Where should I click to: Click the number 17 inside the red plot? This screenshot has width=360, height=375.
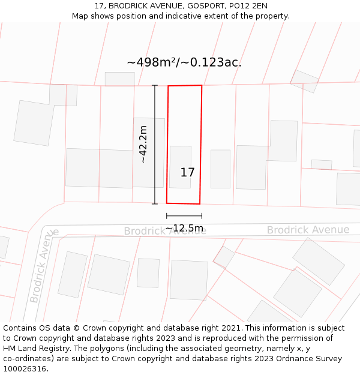coord(187,173)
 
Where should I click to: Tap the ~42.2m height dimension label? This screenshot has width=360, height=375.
coord(143,144)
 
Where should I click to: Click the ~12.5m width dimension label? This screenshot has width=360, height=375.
coord(184,228)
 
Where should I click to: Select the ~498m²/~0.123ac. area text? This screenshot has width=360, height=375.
coord(184,62)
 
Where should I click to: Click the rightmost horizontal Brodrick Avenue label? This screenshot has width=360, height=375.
coord(308,230)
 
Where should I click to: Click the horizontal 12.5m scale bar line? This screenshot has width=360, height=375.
coord(184,216)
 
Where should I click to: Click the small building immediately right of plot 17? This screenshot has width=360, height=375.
coord(220,169)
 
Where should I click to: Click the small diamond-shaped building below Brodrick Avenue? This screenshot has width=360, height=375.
coord(224,256)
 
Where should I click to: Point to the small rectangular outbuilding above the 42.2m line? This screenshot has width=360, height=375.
coord(120,79)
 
